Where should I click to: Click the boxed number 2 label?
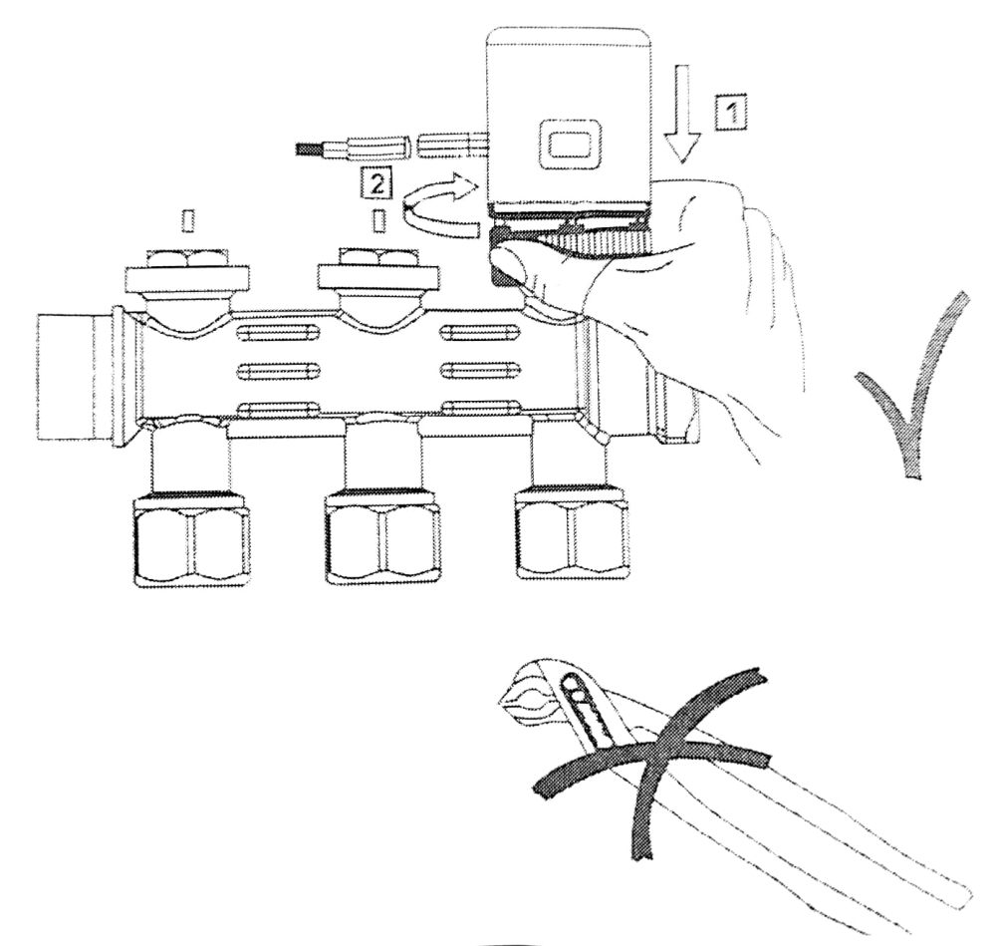pos(375,182)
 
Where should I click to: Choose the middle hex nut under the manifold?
pos(383,538)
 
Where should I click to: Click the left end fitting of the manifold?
pos(75,369)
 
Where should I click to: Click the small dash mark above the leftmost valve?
pos(185,218)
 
